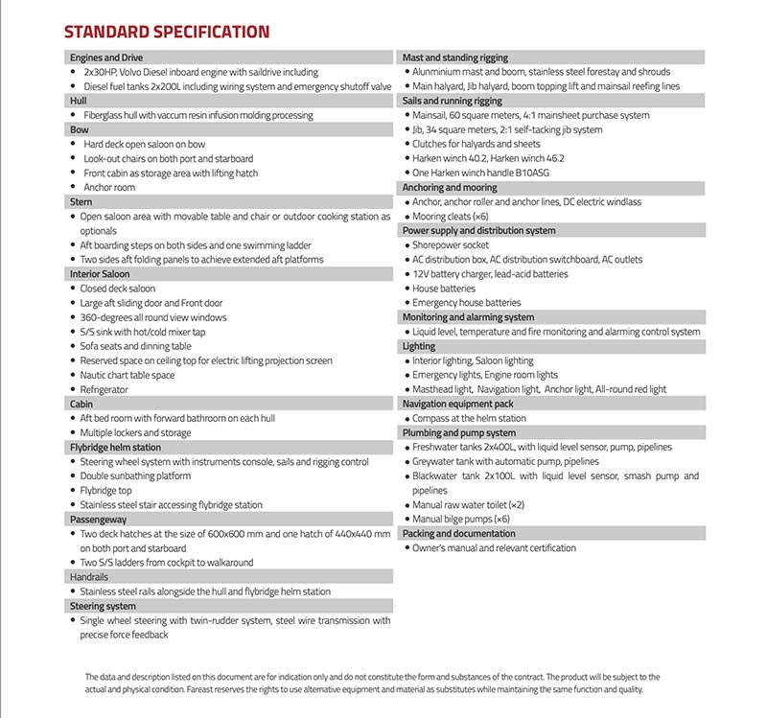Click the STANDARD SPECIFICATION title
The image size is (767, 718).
tap(166, 32)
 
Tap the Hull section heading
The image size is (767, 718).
tap(80, 101)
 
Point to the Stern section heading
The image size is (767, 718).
tap(81, 202)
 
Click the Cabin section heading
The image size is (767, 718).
tap(83, 405)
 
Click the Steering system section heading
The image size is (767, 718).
tap(103, 606)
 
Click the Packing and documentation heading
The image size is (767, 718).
tap(457, 533)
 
